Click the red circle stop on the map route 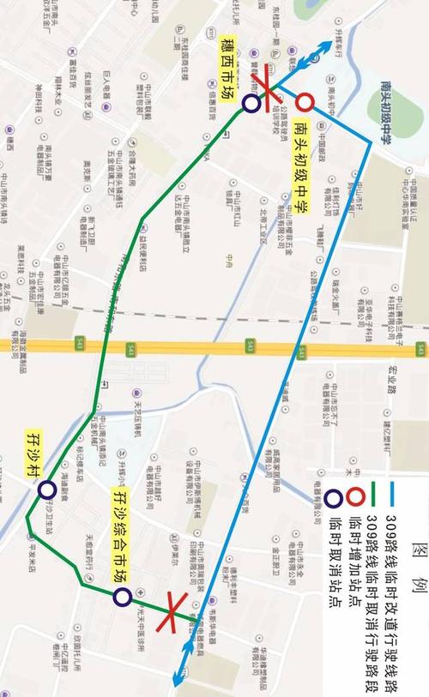pos(305,103)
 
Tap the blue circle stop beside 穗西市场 pos(251,104)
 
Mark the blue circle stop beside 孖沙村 pos(46,490)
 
